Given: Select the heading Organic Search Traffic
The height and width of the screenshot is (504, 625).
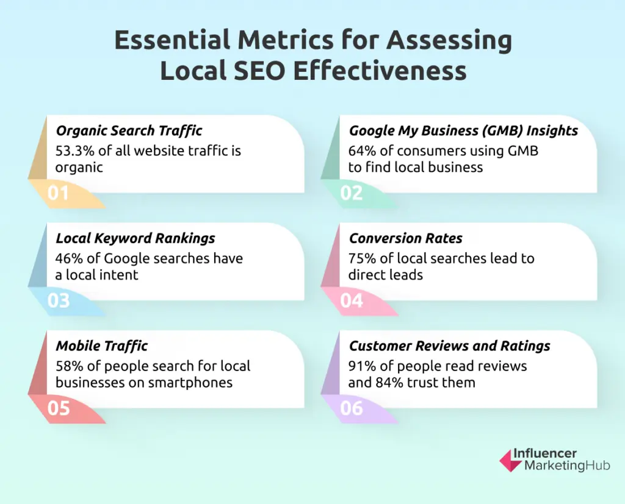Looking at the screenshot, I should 129,130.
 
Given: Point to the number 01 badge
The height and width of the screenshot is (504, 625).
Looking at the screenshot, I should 59,193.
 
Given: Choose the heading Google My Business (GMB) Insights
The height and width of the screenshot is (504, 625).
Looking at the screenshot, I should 463,130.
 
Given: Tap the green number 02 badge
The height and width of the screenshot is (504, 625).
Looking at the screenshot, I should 352,193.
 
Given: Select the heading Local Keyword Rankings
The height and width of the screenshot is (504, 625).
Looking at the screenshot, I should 135,238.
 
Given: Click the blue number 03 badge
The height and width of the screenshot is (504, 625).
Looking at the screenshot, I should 59,301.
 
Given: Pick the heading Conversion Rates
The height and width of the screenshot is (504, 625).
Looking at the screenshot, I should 406,238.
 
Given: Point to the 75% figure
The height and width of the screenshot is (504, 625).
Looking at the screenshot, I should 361,258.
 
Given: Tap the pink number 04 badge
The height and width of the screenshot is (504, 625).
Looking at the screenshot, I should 352,301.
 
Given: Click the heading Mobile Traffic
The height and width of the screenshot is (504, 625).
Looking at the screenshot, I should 102,346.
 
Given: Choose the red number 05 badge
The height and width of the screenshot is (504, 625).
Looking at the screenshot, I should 59,408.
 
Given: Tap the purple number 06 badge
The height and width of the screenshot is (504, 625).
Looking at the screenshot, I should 352,408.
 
